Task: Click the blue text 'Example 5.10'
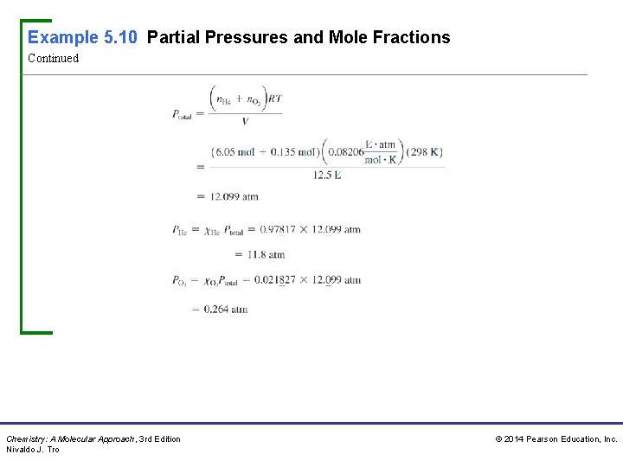point(83,37)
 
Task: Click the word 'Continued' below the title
point(53,59)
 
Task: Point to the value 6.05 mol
point(234,152)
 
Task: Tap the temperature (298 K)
point(424,152)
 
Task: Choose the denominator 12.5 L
point(327,175)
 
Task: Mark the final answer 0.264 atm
point(226,310)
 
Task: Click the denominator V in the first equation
point(245,121)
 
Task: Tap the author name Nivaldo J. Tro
point(33,450)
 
